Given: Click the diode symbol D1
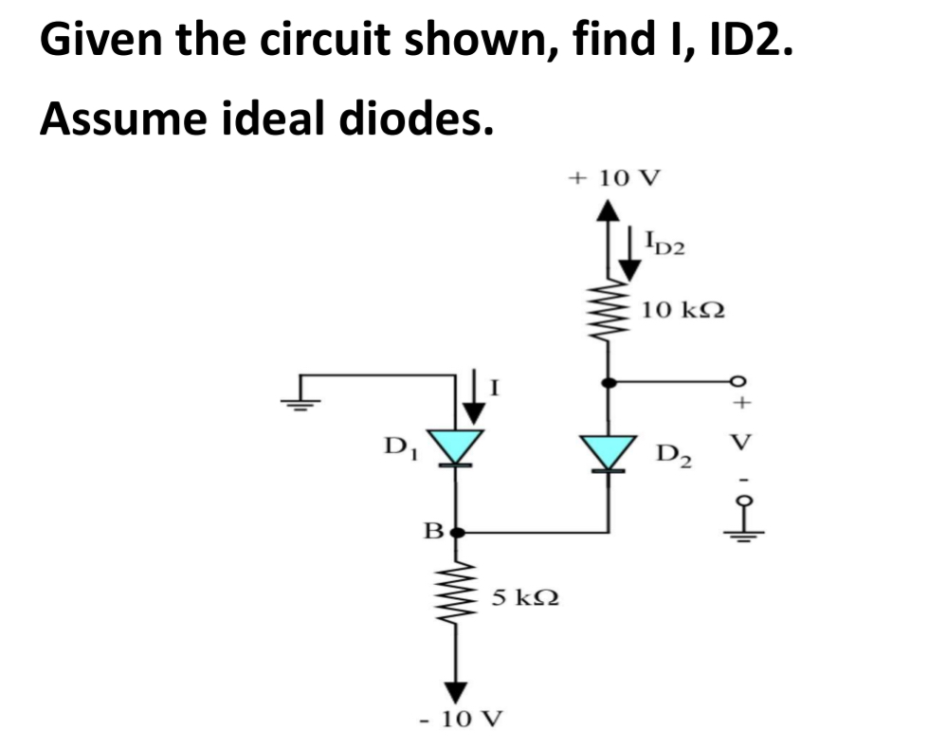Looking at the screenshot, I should pos(457,446).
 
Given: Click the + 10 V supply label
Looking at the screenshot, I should pos(615,177).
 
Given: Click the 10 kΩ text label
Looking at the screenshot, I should pos(682,309).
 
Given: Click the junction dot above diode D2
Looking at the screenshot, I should pos(608,382).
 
